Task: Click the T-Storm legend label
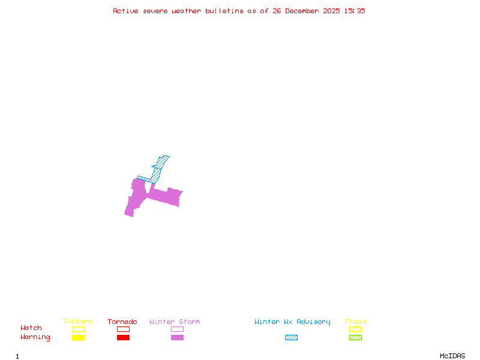coord(77,322)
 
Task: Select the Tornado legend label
coord(122,322)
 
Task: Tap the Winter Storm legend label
coord(175,322)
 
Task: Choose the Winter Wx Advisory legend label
coord(292,322)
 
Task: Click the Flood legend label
coord(355,322)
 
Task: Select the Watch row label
coord(31,328)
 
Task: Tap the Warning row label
coord(35,337)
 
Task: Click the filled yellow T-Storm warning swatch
coord(78,337)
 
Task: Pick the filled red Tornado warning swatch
coord(123,337)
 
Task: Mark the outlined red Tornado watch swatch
coord(123,329)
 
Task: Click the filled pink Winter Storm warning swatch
coord(177,337)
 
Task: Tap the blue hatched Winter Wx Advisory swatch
coord(291,337)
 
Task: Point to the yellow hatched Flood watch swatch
coord(355,329)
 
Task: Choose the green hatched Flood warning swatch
coord(355,337)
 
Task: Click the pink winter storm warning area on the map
coord(165,196)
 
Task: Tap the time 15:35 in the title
coord(355,11)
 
